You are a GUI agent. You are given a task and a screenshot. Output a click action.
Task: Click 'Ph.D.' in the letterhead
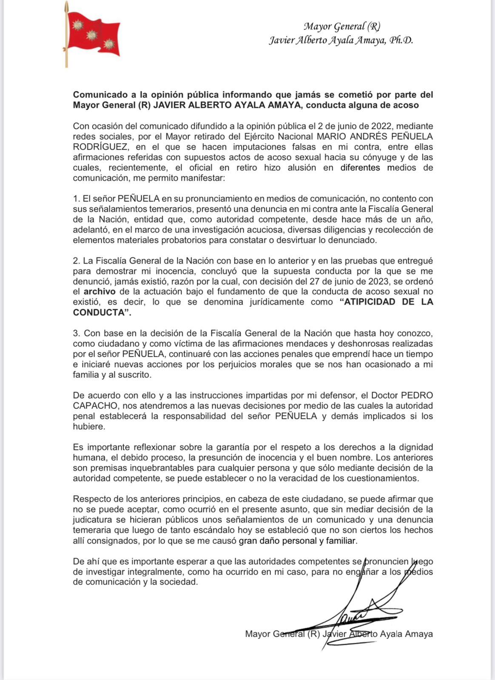point(401,41)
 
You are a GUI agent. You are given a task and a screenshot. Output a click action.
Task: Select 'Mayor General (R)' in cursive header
point(341,26)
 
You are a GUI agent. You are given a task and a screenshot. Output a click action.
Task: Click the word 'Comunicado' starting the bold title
point(98,94)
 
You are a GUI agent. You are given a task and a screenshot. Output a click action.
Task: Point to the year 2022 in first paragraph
point(381,126)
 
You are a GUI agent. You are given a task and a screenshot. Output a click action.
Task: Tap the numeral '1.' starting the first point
point(77,199)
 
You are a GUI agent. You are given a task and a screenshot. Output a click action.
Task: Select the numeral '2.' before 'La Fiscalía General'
point(77,261)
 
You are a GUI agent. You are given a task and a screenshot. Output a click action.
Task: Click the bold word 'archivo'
point(100,292)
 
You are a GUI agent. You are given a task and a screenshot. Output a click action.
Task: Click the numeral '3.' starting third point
point(77,334)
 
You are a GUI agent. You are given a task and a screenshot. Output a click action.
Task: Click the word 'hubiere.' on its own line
point(89,427)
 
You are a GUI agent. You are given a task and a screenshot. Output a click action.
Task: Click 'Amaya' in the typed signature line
point(418,634)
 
